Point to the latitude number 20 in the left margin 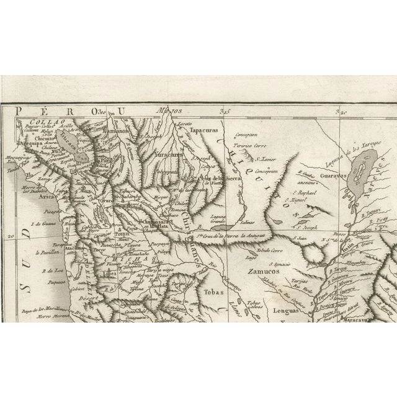click(10, 236)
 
